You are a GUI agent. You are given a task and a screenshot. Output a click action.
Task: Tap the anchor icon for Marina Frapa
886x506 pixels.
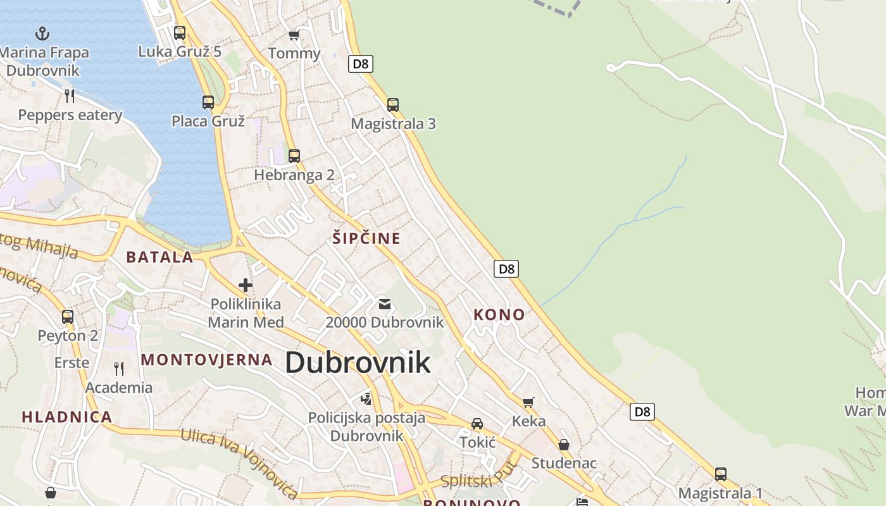[42, 33]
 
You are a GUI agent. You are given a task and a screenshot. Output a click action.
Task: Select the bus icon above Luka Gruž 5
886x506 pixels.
[180, 33]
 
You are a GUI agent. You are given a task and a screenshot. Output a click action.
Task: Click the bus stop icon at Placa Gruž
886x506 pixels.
[208, 102]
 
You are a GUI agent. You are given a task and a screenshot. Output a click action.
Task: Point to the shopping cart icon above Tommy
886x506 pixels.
[294, 35]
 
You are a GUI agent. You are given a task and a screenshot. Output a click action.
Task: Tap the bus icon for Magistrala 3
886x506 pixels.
[393, 105]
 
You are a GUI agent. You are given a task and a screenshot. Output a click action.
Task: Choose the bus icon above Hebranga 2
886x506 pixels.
[294, 156]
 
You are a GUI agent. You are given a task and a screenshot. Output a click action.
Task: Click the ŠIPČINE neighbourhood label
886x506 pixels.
[366, 238]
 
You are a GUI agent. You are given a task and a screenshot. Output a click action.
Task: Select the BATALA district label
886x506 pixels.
[159, 257]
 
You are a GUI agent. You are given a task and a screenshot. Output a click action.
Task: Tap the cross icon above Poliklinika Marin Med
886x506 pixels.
[246, 285]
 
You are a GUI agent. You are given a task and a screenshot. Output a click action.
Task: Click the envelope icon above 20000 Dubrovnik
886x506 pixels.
[384, 304]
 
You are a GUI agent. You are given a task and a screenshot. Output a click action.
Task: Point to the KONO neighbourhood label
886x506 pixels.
[499, 314]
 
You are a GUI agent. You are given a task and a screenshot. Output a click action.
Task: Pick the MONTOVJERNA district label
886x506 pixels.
[206, 360]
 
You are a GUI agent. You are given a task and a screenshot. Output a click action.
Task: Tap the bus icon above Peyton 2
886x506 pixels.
[68, 316]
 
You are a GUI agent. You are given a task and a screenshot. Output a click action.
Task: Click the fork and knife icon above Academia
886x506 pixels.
[119, 368]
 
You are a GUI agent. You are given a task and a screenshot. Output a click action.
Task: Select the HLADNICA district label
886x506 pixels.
[67, 417]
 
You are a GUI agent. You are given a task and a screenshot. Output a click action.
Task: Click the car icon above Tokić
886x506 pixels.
[477, 424]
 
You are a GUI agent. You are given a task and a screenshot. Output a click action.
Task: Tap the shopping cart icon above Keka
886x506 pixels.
[528, 402]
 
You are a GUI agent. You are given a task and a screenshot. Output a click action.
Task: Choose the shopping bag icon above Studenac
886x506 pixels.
[564, 445]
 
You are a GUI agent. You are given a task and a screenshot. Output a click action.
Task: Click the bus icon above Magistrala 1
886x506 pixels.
[720, 474]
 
